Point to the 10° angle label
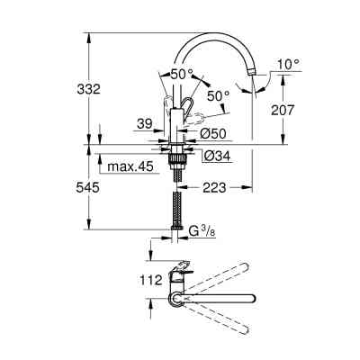click(289, 64)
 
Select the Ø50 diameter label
click(212, 132)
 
